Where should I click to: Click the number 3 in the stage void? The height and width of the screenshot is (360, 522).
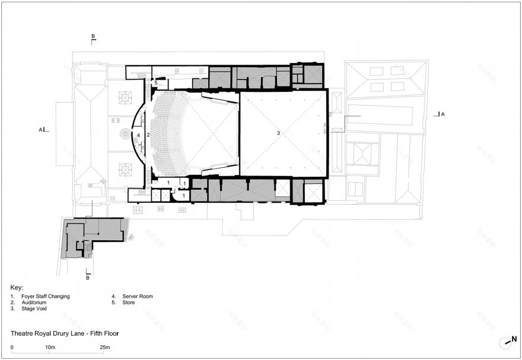tap(278, 133)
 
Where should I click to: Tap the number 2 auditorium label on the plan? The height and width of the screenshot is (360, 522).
tap(148, 135)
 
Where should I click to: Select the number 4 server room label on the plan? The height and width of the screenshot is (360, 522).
tap(138, 135)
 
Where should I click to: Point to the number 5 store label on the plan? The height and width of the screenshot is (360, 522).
tap(156, 82)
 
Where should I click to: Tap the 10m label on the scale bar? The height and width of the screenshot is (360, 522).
tap(50, 348)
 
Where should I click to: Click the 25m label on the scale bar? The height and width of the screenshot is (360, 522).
tap(104, 348)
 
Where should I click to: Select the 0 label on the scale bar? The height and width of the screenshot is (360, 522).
tap(12, 348)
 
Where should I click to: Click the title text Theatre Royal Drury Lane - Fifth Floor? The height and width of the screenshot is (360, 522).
tap(65, 333)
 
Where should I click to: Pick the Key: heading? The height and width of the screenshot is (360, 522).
tap(17, 288)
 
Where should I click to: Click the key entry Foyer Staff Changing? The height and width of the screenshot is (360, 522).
tap(46, 296)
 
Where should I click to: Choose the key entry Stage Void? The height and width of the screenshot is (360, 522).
tap(34, 308)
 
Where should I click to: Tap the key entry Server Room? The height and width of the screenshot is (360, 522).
tap(138, 296)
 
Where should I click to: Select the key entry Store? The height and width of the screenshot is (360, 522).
tap(129, 302)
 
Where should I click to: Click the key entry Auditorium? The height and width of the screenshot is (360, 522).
tap(34, 302)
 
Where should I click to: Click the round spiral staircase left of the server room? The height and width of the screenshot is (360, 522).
tap(126, 134)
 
